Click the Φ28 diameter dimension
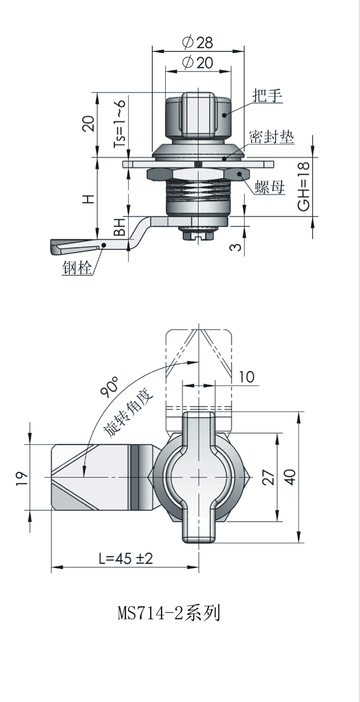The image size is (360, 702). pyautogui.click(x=198, y=42)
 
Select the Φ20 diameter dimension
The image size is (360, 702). pyautogui.click(x=198, y=62)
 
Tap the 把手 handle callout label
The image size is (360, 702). pyautogui.click(x=268, y=95)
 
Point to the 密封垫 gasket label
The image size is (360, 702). pyautogui.click(x=272, y=136)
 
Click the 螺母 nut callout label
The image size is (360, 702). pyautogui.click(x=270, y=187)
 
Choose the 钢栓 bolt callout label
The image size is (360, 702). pyautogui.click(x=77, y=268)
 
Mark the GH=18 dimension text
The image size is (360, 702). pyautogui.click(x=304, y=186)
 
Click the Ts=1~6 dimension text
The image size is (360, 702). pyautogui.click(x=119, y=123)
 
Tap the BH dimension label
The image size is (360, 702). pyautogui.click(x=119, y=227)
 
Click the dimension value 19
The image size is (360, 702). pyautogui.click(x=22, y=478)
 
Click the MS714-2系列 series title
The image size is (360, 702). pyautogui.click(x=169, y=613)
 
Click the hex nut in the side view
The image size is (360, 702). pyautogui.click(x=198, y=175)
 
